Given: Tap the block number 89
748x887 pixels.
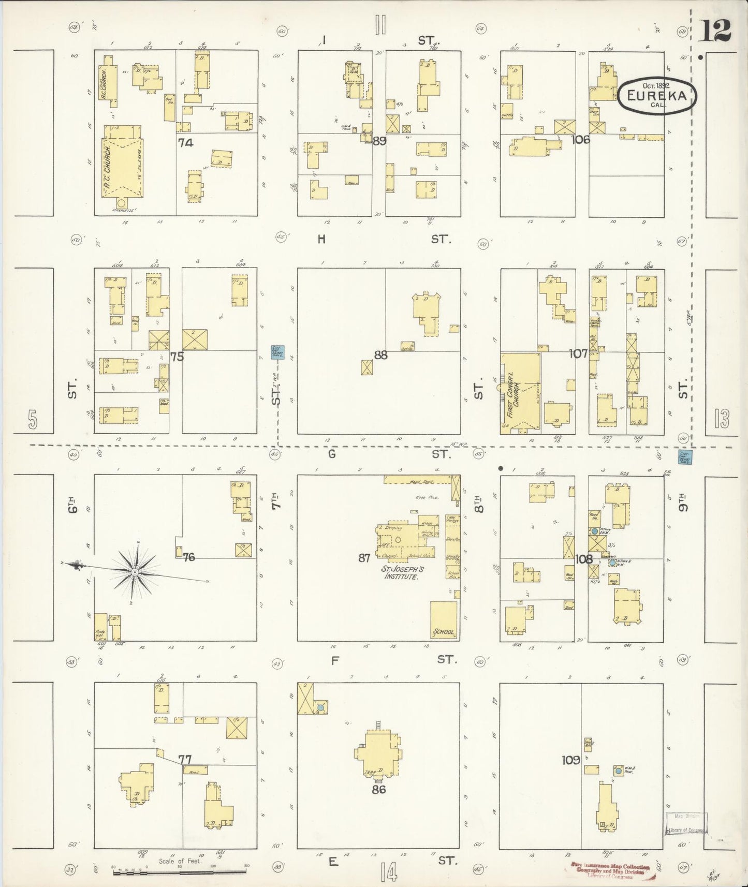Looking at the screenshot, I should [x=379, y=140].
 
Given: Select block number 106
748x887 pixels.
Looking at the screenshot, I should [x=580, y=139].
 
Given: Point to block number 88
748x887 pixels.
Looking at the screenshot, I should [x=380, y=355].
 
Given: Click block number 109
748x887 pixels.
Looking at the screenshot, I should [x=570, y=760].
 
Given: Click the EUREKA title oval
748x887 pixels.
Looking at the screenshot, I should [x=657, y=96].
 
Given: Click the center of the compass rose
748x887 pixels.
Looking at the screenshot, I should [x=135, y=572].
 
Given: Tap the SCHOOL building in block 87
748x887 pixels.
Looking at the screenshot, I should [x=444, y=619].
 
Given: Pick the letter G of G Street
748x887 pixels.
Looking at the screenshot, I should [x=332, y=454].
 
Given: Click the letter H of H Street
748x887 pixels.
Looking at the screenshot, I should [x=322, y=239].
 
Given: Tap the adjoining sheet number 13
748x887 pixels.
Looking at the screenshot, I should [x=721, y=419].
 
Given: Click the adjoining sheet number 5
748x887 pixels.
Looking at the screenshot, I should [x=33, y=420].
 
